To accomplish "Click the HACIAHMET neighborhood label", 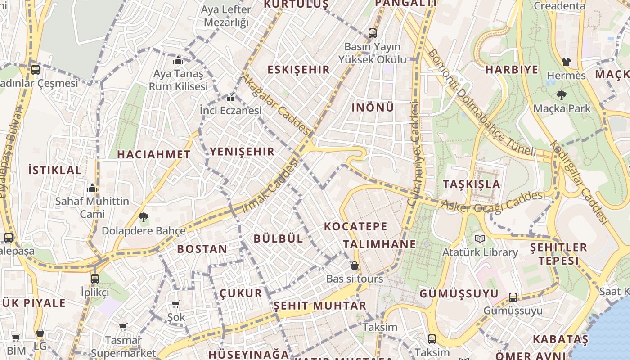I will tap(153, 154).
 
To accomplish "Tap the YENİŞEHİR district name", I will tap(242, 152).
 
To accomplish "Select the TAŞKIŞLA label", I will tap(471, 184).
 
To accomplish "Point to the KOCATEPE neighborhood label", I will tap(355, 226).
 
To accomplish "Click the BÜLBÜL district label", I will tap(279, 238).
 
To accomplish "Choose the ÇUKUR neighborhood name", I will tap(241, 293).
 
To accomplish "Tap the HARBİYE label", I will tap(512, 70).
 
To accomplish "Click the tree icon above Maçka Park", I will tap(561, 95).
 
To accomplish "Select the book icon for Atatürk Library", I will tap(480, 238).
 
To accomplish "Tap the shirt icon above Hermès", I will tap(566, 62).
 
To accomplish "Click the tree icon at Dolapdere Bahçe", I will tap(144, 217).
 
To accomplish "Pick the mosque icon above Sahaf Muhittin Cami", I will tap(92, 188).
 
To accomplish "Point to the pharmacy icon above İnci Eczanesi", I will tap(230, 98).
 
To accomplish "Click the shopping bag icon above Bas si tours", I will tap(355, 265).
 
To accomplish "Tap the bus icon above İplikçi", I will tap(94, 279).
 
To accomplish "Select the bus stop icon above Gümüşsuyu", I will tap(513, 297).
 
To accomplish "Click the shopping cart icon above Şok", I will tap(176, 304).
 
